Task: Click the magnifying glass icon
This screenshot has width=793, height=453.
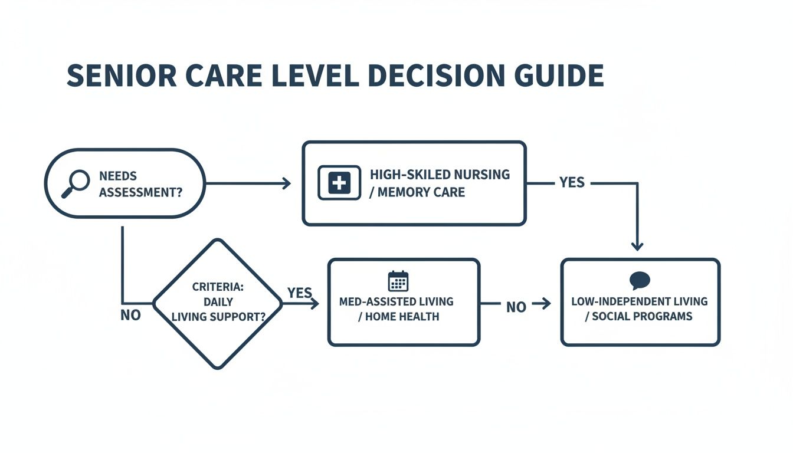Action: pyautogui.click(x=75, y=183)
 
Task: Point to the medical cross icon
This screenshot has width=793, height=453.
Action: pyautogui.click(x=339, y=183)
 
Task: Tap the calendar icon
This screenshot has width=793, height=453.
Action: pyautogui.click(x=398, y=281)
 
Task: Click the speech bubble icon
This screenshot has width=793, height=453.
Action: pyautogui.click(x=640, y=280)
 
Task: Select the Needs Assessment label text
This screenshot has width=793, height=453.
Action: pyautogui.click(x=140, y=184)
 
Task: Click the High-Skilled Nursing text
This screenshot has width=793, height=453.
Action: pyautogui.click(x=440, y=175)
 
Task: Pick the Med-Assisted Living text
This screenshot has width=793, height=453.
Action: pyautogui.click(x=396, y=301)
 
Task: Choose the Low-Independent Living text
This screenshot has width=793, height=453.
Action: pyautogui.click(x=639, y=301)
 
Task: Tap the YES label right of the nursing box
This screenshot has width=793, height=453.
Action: pyautogui.click(x=572, y=183)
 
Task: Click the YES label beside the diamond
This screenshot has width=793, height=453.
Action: pyautogui.click(x=299, y=293)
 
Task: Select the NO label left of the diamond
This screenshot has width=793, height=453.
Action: pyautogui.click(x=130, y=316)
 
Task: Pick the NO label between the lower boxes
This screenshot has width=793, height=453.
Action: pyautogui.click(x=516, y=307)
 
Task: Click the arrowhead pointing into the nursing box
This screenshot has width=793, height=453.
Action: pyautogui.click(x=287, y=183)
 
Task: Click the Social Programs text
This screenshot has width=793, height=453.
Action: pyautogui.click(x=642, y=316)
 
